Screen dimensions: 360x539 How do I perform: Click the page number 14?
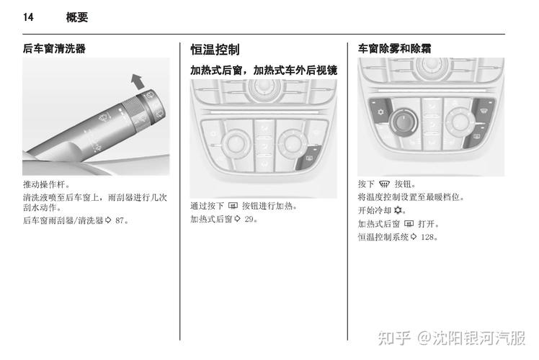pos(28,17)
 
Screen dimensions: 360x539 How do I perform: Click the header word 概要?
pos(76,17)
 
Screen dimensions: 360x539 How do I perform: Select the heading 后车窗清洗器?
pos(54,49)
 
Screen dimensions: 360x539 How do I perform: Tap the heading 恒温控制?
pos(215,50)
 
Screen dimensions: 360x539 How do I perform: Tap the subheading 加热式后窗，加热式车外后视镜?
pos(264,71)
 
